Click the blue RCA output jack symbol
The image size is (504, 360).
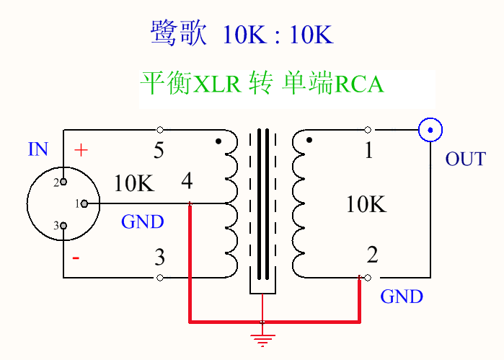pyautogui.click(x=430, y=130)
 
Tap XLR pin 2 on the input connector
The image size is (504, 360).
pyautogui.click(x=63, y=182)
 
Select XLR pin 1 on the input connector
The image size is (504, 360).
pyautogui.click(x=84, y=203)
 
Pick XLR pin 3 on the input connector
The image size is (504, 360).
pyautogui.click(x=63, y=226)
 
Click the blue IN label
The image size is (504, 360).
pyautogui.click(x=38, y=149)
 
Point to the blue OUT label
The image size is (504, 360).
pyautogui.click(x=466, y=159)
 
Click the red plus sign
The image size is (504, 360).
pyautogui.click(x=81, y=150)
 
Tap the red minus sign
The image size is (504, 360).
pyautogui.click(x=76, y=258)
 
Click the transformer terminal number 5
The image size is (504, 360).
pyautogui.click(x=159, y=150)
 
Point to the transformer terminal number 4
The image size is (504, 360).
pyautogui.click(x=187, y=180)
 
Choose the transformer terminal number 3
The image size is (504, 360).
pyautogui.click(x=160, y=257)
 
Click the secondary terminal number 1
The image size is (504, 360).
pyautogui.click(x=369, y=150)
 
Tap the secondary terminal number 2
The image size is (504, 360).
pyautogui.click(x=373, y=255)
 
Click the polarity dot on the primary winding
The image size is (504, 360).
pyautogui.click(x=218, y=141)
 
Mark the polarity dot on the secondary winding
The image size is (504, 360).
pyautogui.click(x=309, y=140)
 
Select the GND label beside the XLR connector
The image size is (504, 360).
pyautogui.click(x=142, y=221)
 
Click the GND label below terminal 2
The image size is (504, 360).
pyautogui.click(x=402, y=297)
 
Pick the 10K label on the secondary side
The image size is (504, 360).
pyautogui.click(x=366, y=204)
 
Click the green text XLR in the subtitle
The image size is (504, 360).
pyautogui.click(x=217, y=84)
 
